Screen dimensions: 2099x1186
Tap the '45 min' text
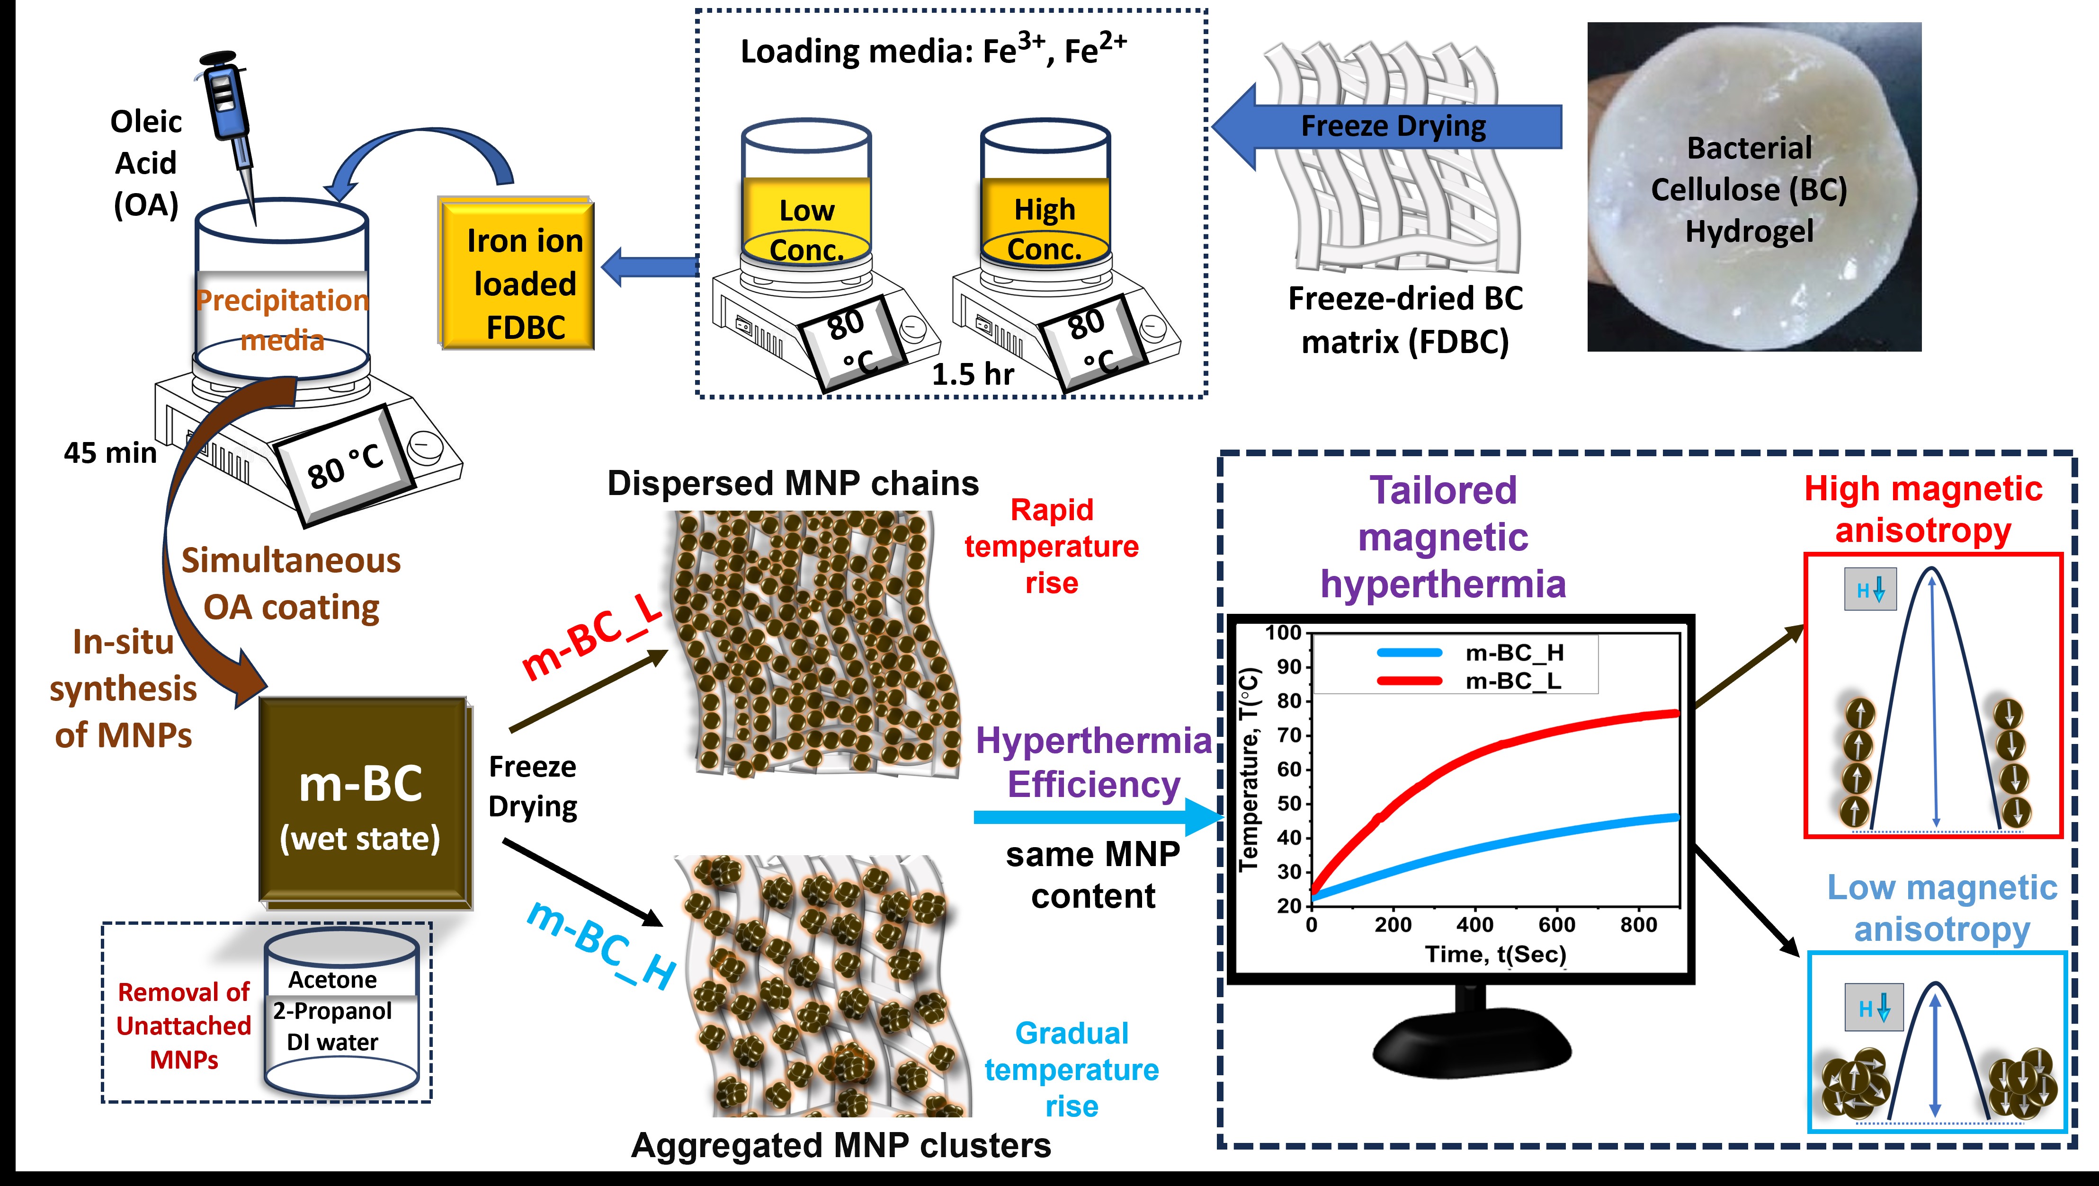tap(110, 453)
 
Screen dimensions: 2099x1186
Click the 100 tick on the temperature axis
tap(1283, 633)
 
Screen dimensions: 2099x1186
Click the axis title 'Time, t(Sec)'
tap(1495, 954)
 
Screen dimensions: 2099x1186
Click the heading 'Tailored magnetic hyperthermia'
tap(1443, 537)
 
